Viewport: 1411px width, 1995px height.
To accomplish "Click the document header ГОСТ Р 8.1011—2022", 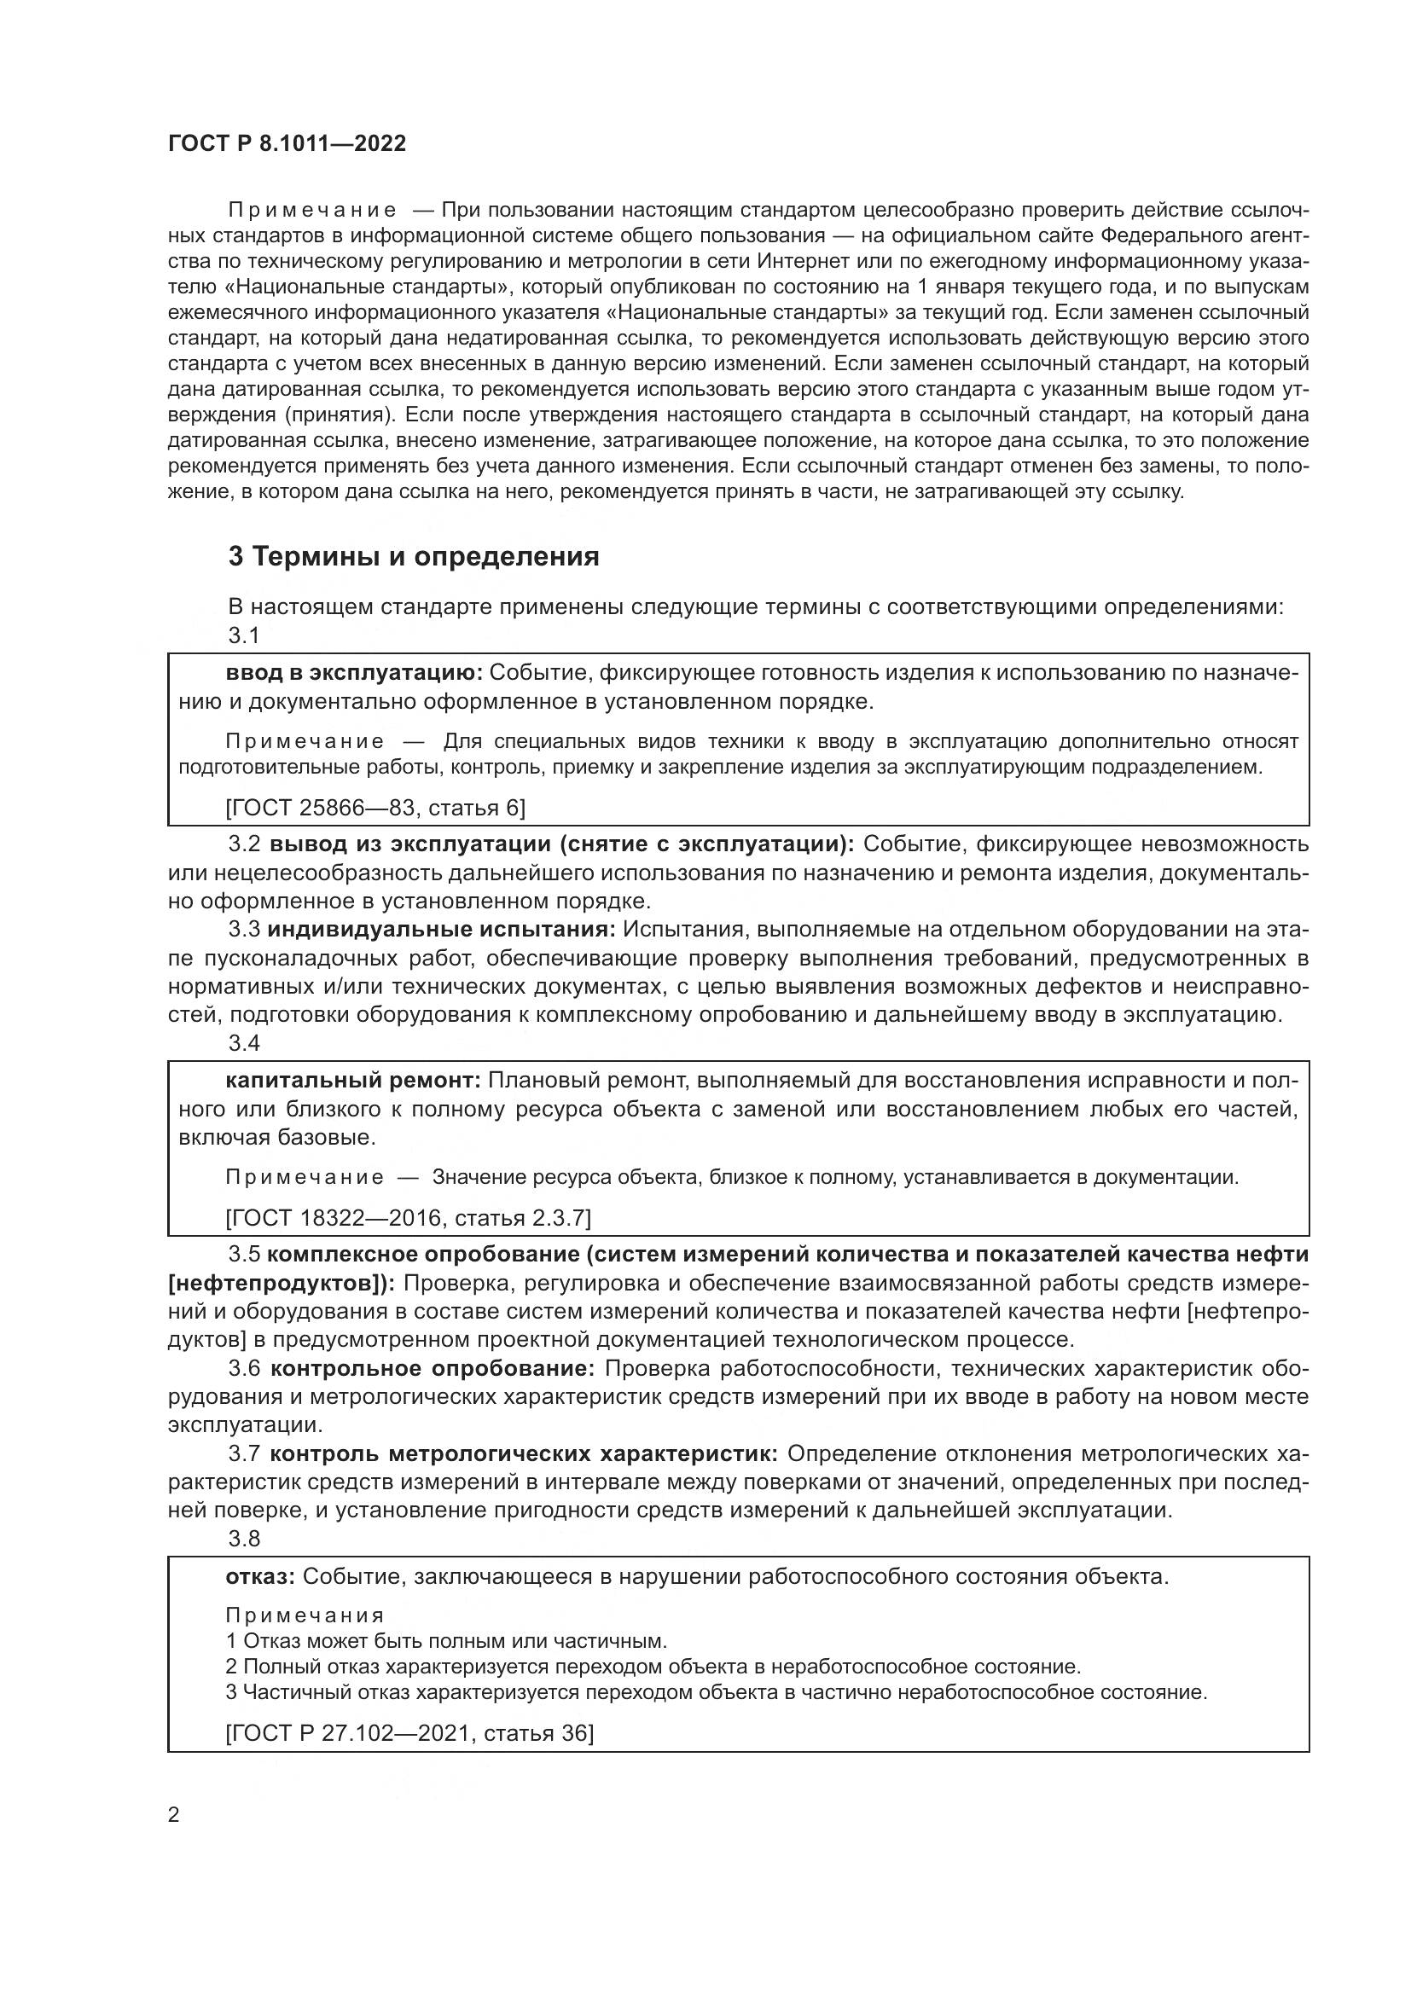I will pyautogui.click(x=287, y=143).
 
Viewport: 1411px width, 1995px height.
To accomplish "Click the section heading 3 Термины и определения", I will pyautogui.click(x=414, y=556).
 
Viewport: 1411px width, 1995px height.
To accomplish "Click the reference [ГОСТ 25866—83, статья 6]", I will pyautogui.click(x=375, y=808).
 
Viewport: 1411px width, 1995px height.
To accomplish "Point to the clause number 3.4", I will pyautogui.click(x=244, y=1043).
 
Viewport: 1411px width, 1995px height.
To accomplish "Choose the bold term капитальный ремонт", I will pyautogui.click(x=353, y=1080).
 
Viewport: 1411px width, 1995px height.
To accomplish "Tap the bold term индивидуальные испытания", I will pyautogui.click(x=441, y=929).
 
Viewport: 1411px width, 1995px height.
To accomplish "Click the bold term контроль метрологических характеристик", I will pyautogui.click(x=524, y=1453).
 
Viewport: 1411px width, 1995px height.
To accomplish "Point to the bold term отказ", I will pyautogui.click(x=261, y=1576).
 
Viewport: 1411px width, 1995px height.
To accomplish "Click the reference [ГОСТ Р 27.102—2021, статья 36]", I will pyautogui.click(x=409, y=1733).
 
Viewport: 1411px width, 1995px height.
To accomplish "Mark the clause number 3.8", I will pyautogui.click(x=244, y=1539).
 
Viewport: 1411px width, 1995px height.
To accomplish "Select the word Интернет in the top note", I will pyautogui.click(x=802, y=261).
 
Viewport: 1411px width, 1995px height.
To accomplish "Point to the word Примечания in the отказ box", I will pyautogui.click(x=304, y=1615).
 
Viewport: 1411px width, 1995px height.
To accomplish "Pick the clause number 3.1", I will pyautogui.click(x=244, y=635).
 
